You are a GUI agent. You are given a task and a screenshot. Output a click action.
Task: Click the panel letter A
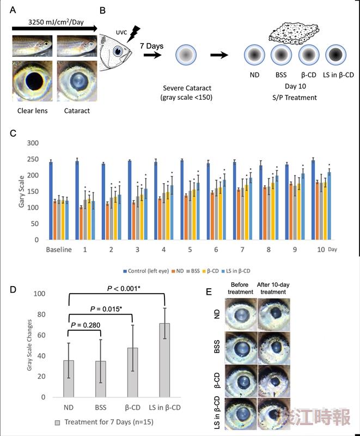[x=13, y=10]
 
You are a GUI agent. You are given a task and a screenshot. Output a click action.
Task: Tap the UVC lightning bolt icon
[x=134, y=34]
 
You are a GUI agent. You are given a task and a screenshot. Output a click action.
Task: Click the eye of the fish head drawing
[x=118, y=51]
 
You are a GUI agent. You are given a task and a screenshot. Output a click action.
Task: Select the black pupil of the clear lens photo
[x=34, y=81]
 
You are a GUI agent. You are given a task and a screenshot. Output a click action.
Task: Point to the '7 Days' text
[x=151, y=46]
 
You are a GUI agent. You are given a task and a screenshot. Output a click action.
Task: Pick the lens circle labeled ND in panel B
[x=254, y=55]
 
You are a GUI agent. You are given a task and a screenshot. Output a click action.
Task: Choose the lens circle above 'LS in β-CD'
[x=336, y=55]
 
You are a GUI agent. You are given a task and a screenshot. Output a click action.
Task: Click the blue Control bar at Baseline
[x=51, y=200]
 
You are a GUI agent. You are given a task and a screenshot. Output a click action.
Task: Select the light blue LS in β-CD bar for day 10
[x=329, y=206]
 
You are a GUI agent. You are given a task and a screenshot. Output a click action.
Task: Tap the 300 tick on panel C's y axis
[x=33, y=143]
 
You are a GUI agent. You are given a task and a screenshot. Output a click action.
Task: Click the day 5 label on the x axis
[x=190, y=250]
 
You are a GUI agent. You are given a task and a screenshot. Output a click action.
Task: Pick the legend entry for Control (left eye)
[x=146, y=271]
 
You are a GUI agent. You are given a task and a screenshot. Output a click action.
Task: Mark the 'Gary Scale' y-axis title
[x=21, y=191]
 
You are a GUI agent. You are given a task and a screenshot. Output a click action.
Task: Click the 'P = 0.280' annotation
[x=86, y=325]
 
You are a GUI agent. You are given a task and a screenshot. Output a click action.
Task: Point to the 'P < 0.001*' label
[x=124, y=289]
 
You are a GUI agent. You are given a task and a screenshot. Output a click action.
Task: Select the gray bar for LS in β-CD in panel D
[x=164, y=360]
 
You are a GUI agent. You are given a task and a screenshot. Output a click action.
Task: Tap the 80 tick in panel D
[x=39, y=314]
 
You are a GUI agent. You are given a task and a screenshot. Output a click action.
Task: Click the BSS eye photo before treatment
[x=241, y=348]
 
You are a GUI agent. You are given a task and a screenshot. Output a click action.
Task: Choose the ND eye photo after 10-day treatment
[x=274, y=314]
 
